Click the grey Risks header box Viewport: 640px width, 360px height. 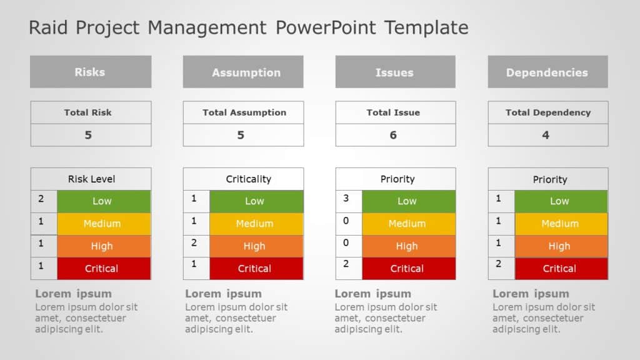pyautogui.click(x=90, y=72)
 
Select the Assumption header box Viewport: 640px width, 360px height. pyautogui.click(x=243, y=72)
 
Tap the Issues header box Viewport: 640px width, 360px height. pyautogui.click(x=395, y=72)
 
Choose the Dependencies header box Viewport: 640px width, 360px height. pyautogui.click(x=547, y=72)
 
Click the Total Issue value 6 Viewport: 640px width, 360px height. pyautogui.click(x=393, y=135)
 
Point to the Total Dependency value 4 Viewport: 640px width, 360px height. pyautogui.click(x=546, y=135)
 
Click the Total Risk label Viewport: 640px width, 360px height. pyautogui.click(x=88, y=112)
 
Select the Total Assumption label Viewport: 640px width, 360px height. pyautogui.click(x=244, y=112)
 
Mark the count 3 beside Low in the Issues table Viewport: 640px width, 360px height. pyautogui.click(x=346, y=199)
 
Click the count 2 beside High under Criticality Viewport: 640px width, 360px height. pyautogui.click(x=194, y=243)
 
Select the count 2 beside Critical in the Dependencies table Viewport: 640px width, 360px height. pyautogui.click(x=499, y=264)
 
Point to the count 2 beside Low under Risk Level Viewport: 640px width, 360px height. pyautogui.click(x=41, y=199)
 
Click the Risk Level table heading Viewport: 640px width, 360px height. pyautogui.click(x=91, y=179)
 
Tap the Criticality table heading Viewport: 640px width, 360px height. pyautogui.click(x=248, y=179)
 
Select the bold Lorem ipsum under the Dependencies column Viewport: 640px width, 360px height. pyautogui.click(x=531, y=294)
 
